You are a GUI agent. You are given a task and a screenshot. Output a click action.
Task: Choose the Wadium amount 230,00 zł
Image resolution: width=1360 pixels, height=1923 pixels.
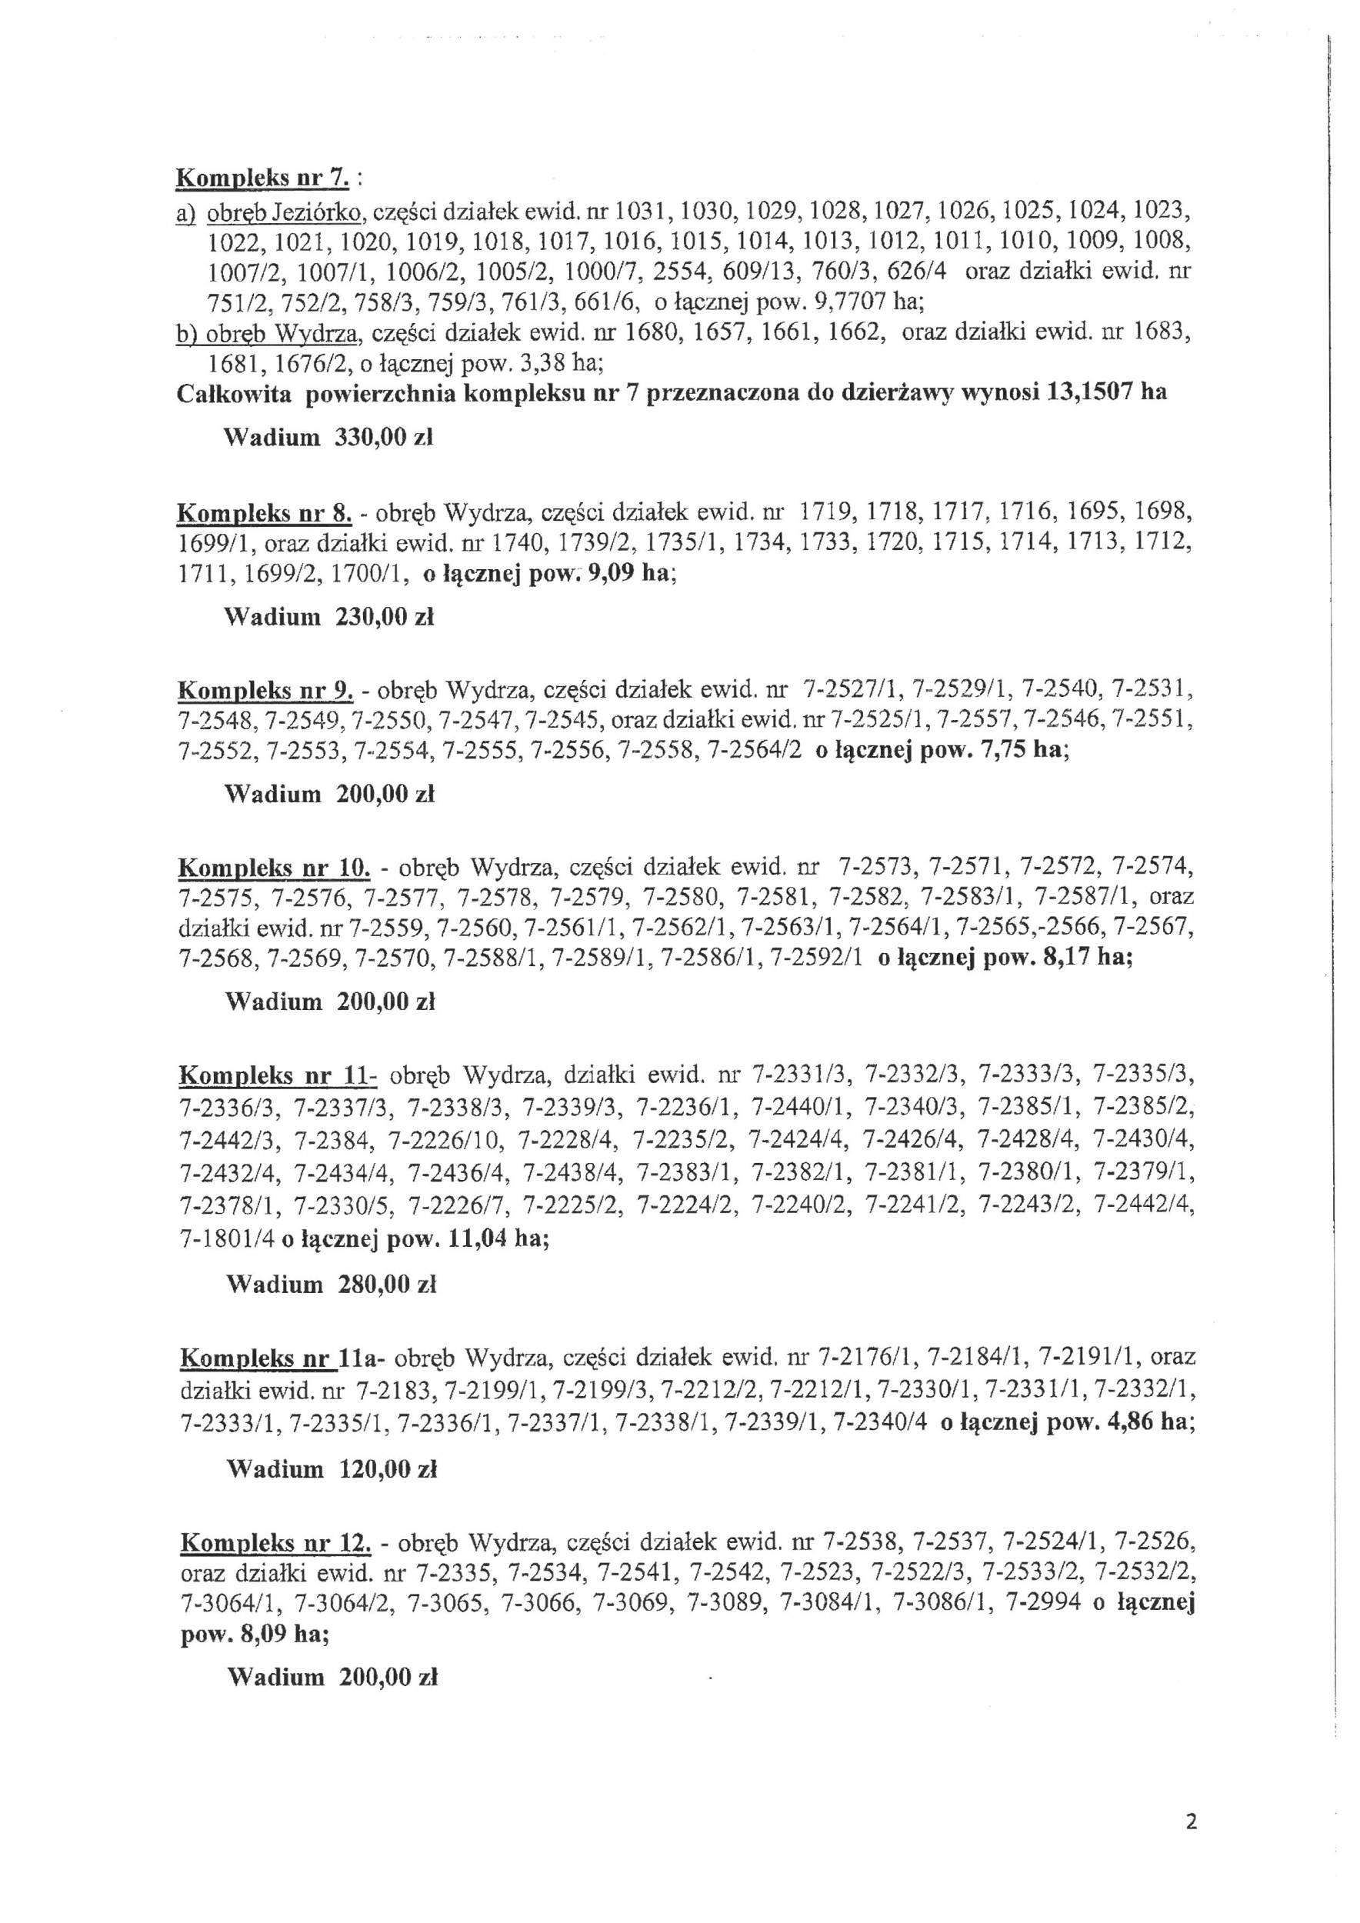click(x=385, y=617)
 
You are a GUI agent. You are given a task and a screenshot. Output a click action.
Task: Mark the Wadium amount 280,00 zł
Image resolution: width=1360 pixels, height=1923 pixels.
click(x=387, y=1284)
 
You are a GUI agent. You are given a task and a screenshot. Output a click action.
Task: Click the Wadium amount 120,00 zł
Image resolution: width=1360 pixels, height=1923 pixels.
click(x=387, y=1469)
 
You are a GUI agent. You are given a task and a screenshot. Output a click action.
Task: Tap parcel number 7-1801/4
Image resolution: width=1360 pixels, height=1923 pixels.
click(x=227, y=1238)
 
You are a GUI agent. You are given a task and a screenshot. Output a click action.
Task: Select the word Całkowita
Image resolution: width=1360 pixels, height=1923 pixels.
click(x=234, y=394)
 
